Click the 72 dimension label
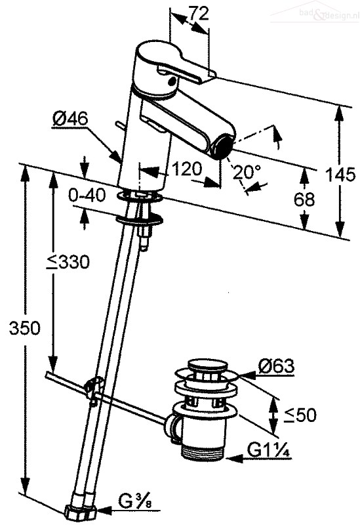pos(199,13)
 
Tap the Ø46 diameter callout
pos(70,119)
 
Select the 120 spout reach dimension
pos(187,169)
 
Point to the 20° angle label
pos(247,172)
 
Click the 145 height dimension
pos(340,175)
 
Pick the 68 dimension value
pos(304,199)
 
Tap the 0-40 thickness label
pos(87,195)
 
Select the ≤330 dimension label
pos(68,262)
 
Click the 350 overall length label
pos(24,327)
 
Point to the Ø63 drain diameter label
pos(276,366)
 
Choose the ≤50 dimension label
pos(300,415)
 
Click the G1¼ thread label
pos(268,450)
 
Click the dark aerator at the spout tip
pos(222,146)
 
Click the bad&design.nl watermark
pos(329,14)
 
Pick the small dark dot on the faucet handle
pos(172,79)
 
